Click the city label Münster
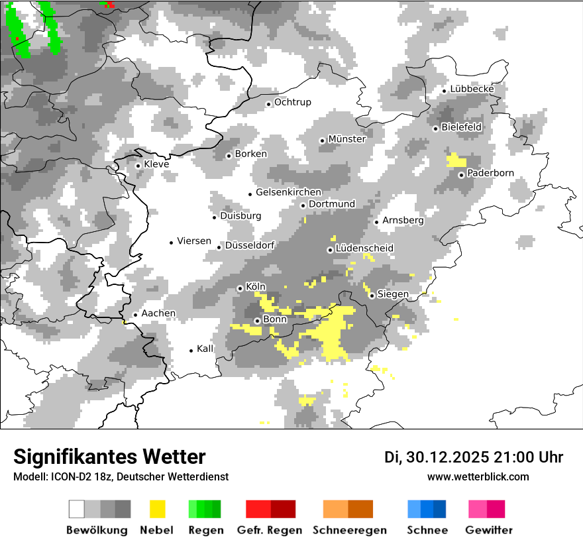pyautogui.click(x=346, y=139)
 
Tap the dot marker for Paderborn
pyautogui.click(x=461, y=175)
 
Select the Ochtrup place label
pyautogui.click(x=292, y=103)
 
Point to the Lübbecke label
pyautogui.click(x=472, y=89)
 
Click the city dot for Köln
pyautogui.click(x=240, y=288)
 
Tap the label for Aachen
pyautogui.click(x=158, y=313)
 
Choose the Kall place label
pyautogui.click(x=205, y=349)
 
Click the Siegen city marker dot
pyautogui.click(x=372, y=296)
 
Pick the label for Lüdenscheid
pyautogui.click(x=364, y=248)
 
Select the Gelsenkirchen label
pyautogui.click(x=288, y=192)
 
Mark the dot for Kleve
pyautogui.click(x=138, y=166)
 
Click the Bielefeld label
pyautogui.click(x=461, y=127)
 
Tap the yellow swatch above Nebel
pyautogui.click(x=157, y=509)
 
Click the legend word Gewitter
pyautogui.click(x=488, y=530)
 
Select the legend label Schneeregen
pyautogui.click(x=349, y=530)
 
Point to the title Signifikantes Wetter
pyautogui.click(x=109, y=457)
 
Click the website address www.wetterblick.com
pyautogui.click(x=478, y=477)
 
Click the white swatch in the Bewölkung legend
pyautogui.click(x=77, y=509)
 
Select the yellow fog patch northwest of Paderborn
pyautogui.click(x=456, y=160)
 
